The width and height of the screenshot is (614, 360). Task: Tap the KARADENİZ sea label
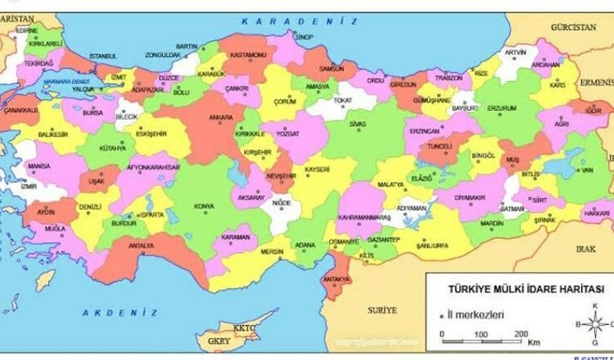[288, 22]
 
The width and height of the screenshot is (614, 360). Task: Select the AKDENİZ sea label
[119, 313]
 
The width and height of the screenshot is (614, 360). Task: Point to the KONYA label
[203, 206]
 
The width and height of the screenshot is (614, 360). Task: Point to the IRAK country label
[585, 249]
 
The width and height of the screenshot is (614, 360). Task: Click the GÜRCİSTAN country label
[573, 27]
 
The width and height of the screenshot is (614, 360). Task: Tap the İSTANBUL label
[103, 56]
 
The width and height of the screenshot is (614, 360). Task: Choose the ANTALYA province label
[141, 246]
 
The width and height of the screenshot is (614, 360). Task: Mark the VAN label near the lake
[587, 171]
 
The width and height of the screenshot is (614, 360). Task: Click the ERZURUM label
[501, 108]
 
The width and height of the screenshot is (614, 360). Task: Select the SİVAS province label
[357, 123]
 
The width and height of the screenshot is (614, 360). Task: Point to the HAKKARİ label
[597, 213]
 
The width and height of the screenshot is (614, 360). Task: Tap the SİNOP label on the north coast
[304, 36]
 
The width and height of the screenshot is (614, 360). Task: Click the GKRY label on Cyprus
[218, 341]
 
